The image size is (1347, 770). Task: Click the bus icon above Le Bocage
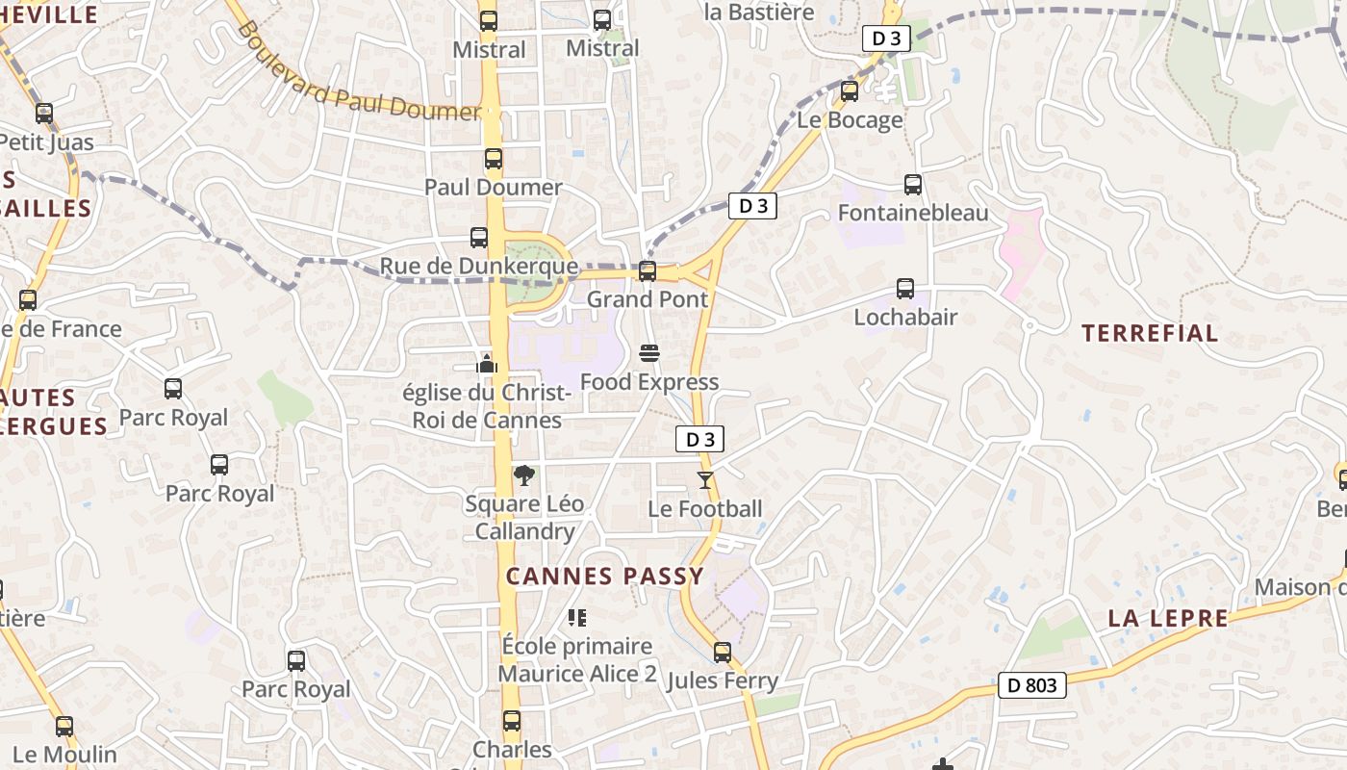[850, 91]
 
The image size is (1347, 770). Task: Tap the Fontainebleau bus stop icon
[913, 184]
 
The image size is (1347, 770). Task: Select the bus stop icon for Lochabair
[905, 288]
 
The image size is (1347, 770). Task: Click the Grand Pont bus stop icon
[648, 271]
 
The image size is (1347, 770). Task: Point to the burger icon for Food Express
[649, 353]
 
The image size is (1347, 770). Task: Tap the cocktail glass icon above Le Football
[705, 479]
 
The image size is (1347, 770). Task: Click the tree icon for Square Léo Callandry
[524, 475]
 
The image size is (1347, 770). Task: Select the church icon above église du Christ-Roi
[487, 364]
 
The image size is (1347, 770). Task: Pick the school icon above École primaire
[577, 617]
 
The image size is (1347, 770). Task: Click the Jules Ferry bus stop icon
[723, 653]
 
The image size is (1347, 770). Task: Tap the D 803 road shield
[1032, 685]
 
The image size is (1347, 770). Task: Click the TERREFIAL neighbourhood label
[1150, 334]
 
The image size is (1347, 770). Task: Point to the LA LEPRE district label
[1168, 618]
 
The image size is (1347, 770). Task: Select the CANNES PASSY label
[605, 577]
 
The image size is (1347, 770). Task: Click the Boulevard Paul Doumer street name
[356, 72]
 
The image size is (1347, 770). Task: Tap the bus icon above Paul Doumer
[494, 159]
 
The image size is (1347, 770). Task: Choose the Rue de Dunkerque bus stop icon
[479, 238]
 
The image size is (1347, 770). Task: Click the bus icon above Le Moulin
[64, 727]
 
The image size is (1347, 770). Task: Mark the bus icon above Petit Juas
[44, 114]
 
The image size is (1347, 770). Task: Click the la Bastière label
[759, 13]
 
